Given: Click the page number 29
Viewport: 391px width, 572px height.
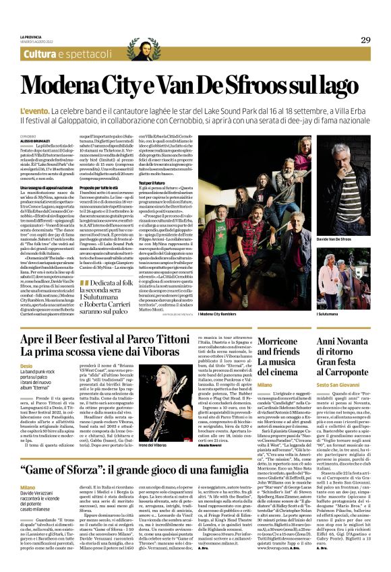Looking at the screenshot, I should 365,40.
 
